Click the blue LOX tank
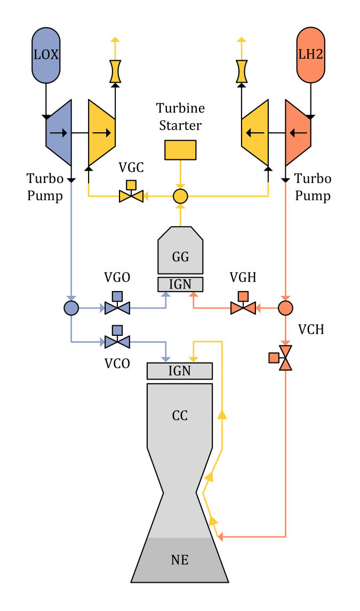pyautogui.click(x=46, y=55)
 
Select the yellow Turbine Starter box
pyautogui.click(x=180, y=150)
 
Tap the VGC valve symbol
pyautogui.click(x=131, y=196)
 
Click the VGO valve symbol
pyautogui.click(x=117, y=308)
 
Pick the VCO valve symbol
pyautogui.click(x=117, y=341)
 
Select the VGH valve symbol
pyautogui.click(x=243, y=308)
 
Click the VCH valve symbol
pyautogui.click(x=286, y=358)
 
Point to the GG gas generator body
pyautogui.click(x=180, y=252)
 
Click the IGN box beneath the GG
pyautogui.click(x=180, y=284)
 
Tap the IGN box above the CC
pyautogui.click(x=180, y=371)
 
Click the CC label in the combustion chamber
pyautogui.click(x=180, y=415)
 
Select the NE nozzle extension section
pyautogui.click(x=180, y=560)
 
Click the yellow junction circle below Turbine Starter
pyautogui.click(x=180, y=196)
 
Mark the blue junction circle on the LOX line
pyautogui.click(x=71, y=308)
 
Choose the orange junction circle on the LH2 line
pyautogui.click(x=286, y=308)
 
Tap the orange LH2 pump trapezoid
pyautogui.click(x=299, y=133)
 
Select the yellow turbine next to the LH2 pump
pyautogui.click(x=254, y=133)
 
